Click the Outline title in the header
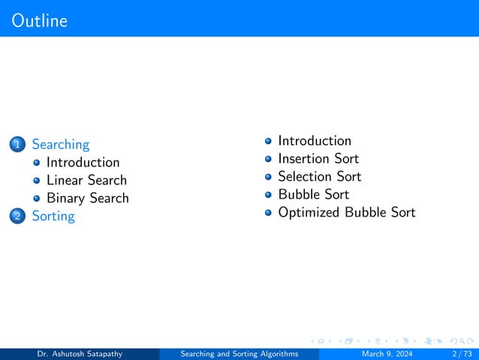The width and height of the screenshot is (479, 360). (40, 20)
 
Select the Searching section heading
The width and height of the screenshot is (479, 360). (60, 144)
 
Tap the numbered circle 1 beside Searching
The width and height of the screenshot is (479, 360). (18, 144)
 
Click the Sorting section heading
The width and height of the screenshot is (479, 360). (53, 216)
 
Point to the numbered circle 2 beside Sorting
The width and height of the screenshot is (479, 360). (18, 216)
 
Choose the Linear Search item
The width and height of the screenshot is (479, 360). (86, 180)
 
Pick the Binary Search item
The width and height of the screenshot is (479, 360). (87, 198)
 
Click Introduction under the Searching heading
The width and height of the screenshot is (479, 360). (83, 162)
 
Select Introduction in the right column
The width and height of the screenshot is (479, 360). (314, 141)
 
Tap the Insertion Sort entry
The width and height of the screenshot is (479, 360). (318, 159)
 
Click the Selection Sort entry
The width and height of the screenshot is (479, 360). (319, 177)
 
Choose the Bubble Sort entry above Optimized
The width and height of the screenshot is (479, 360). (313, 195)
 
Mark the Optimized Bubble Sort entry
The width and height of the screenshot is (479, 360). (346, 213)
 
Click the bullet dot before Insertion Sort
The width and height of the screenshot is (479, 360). (268, 159)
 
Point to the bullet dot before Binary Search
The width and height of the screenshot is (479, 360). (37, 199)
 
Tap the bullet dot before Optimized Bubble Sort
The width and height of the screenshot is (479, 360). (268, 213)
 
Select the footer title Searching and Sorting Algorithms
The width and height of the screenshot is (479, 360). (239, 354)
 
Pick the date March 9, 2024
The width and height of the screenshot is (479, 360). (387, 354)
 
